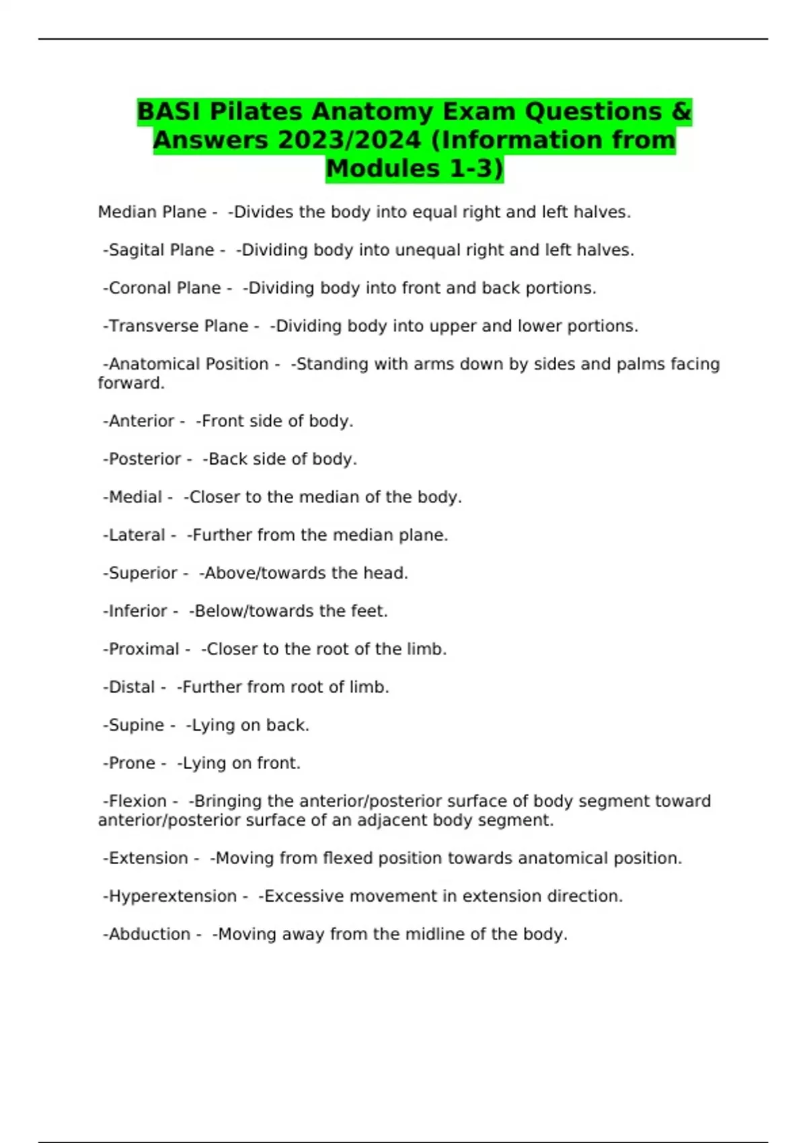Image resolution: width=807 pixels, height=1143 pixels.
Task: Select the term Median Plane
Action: pyautogui.click(x=152, y=212)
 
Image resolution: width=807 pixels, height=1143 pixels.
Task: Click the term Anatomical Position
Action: pyautogui.click(x=188, y=364)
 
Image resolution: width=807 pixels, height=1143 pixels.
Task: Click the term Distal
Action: pyautogui.click(x=132, y=687)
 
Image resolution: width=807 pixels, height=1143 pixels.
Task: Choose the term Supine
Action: pyautogui.click(x=136, y=725)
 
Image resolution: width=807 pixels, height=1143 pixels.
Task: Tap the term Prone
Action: pyautogui.click(x=132, y=763)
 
